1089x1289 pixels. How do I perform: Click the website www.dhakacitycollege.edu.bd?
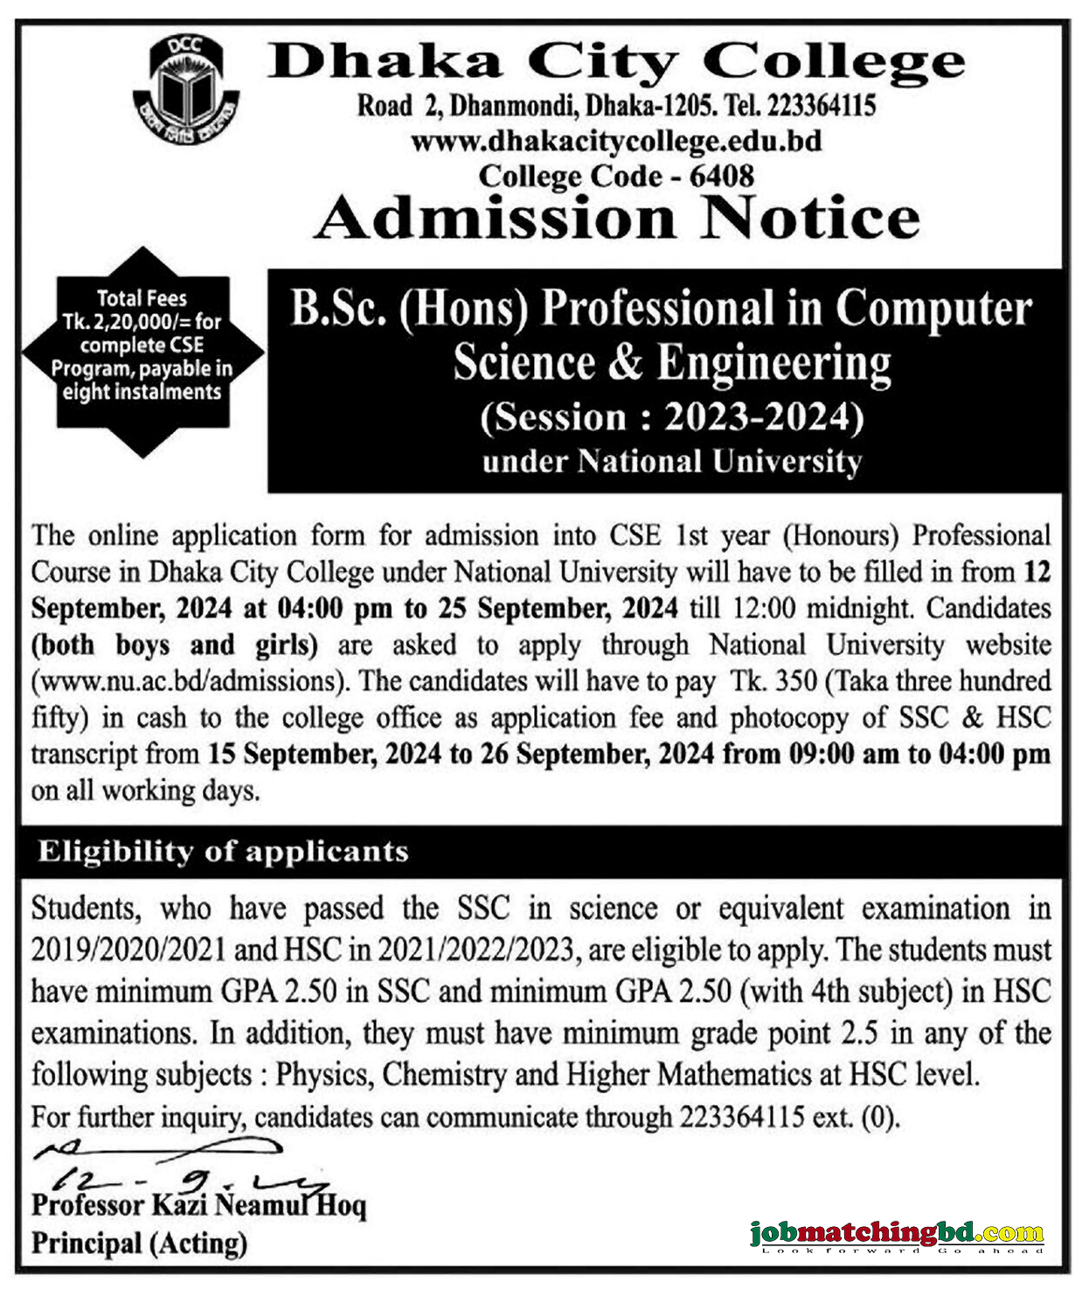(615, 141)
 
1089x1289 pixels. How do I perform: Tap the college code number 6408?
(721, 176)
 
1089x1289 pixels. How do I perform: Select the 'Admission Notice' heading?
(617, 218)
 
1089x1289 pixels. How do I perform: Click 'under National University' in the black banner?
(671, 462)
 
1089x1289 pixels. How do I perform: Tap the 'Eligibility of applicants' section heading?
(223, 851)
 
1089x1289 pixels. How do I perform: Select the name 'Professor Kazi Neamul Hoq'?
(198, 1206)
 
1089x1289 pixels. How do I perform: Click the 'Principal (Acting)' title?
(139, 1243)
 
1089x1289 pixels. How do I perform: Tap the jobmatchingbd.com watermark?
(897, 1234)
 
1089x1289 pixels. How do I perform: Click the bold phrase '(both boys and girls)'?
(175, 644)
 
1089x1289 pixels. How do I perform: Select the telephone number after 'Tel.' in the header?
(822, 106)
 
